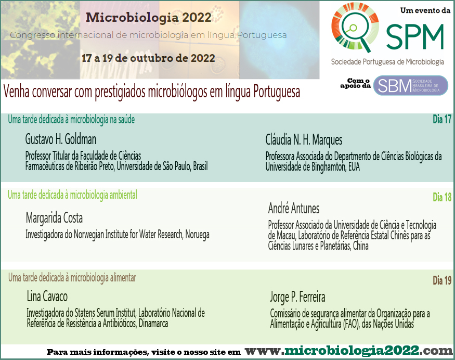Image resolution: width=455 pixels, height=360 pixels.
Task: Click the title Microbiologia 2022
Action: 149,18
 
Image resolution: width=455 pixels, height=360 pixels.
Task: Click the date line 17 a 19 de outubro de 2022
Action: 148,58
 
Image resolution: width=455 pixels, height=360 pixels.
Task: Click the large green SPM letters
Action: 415,36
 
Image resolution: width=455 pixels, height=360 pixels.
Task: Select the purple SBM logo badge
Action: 411,85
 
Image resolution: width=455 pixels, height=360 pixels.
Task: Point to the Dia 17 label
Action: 442,119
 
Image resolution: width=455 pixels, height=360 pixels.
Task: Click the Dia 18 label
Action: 442,197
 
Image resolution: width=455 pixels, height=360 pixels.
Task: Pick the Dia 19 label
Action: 442,280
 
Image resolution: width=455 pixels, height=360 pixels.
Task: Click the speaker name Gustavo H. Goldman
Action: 61,139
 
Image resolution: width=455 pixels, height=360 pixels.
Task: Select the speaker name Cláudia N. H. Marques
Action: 304,139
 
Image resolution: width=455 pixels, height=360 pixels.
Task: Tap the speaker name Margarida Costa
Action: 54,218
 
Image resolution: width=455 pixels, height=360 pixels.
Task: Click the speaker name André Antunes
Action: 294,208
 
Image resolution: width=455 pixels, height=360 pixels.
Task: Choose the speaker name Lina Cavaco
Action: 47,297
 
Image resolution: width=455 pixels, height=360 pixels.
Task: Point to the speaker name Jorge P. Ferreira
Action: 298,297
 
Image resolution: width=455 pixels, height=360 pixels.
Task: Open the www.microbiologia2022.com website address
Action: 348,351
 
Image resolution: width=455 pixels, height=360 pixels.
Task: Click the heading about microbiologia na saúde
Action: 71,120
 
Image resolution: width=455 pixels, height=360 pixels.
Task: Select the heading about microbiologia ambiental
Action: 73,195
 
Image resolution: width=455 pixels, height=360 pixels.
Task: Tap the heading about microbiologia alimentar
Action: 72,278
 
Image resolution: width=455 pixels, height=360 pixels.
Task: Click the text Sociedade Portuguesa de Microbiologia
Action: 388,62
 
